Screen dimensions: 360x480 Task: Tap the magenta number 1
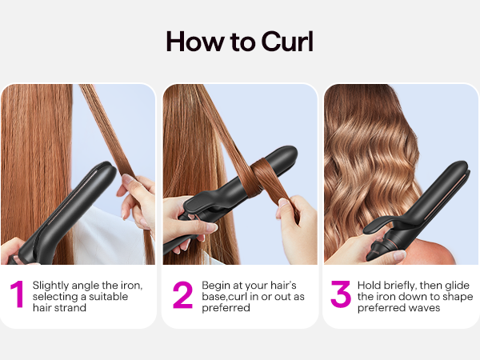click(x=16, y=294)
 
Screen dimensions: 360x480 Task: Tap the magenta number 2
click(x=182, y=294)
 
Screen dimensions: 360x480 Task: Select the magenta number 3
click(x=341, y=294)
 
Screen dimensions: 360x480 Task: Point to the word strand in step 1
click(x=73, y=307)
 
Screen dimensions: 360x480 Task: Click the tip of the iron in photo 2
click(x=290, y=153)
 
